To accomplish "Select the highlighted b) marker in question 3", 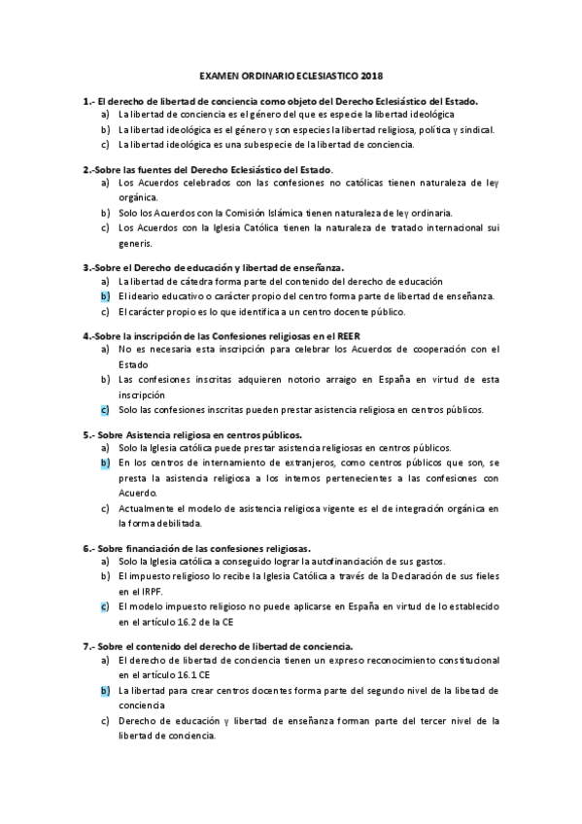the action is coord(104,296).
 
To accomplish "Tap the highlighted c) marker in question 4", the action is coord(104,410).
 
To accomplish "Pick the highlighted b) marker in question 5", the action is coord(104,463).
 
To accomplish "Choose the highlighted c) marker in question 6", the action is coord(104,605).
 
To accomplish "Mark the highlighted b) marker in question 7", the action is coord(104,690).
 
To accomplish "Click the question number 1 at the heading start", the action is coord(86,100).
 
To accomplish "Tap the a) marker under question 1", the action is coord(104,114).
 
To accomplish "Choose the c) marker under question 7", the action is coord(104,720).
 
